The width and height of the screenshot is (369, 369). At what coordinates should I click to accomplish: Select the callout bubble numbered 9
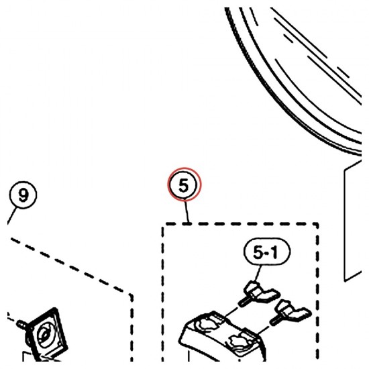click(x=23, y=195)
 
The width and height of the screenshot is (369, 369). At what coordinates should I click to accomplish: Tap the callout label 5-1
click(x=267, y=252)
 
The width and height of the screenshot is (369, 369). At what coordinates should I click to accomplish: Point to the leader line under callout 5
click(x=187, y=211)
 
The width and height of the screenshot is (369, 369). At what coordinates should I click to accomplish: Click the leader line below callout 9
click(x=12, y=216)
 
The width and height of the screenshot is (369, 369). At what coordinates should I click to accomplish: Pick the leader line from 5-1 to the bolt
click(x=258, y=274)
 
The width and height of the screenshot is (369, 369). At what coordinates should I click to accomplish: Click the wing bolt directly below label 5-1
click(x=259, y=293)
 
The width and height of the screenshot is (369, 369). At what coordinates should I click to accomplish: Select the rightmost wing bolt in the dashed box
click(x=291, y=313)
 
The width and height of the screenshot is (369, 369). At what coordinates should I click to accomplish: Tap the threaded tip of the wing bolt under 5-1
click(x=243, y=302)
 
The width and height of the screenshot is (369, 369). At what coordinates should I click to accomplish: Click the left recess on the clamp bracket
click(x=207, y=323)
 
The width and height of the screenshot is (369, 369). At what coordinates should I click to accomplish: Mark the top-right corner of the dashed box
click(x=317, y=224)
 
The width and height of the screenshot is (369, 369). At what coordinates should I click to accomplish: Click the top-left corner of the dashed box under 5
click(x=164, y=226)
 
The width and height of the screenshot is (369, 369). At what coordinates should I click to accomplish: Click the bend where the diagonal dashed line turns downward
click(x=131, y=295)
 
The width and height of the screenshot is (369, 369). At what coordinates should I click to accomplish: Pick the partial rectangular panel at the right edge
click(x=352, y=221)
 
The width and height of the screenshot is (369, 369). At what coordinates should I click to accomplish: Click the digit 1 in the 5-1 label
click(x=274, y=253)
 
